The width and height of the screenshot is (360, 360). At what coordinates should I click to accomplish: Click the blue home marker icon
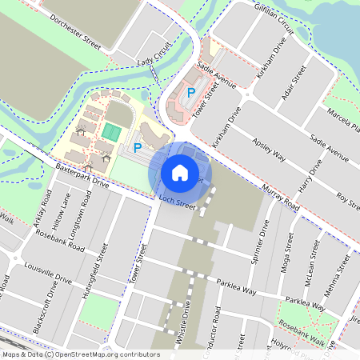coord(180,172)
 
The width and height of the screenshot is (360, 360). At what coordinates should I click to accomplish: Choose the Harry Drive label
coord(309,178)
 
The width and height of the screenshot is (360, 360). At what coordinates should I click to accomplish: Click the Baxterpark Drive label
coord(82,178)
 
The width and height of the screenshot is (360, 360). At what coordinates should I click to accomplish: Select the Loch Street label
coord(177,201)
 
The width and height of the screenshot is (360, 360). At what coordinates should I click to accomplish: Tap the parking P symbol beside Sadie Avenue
coord(190,92)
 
